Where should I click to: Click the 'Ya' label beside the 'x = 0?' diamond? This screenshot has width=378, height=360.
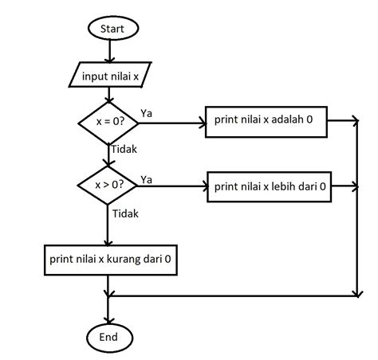tap(147, 114)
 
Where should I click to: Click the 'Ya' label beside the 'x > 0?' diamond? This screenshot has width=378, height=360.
tap(147, 178)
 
